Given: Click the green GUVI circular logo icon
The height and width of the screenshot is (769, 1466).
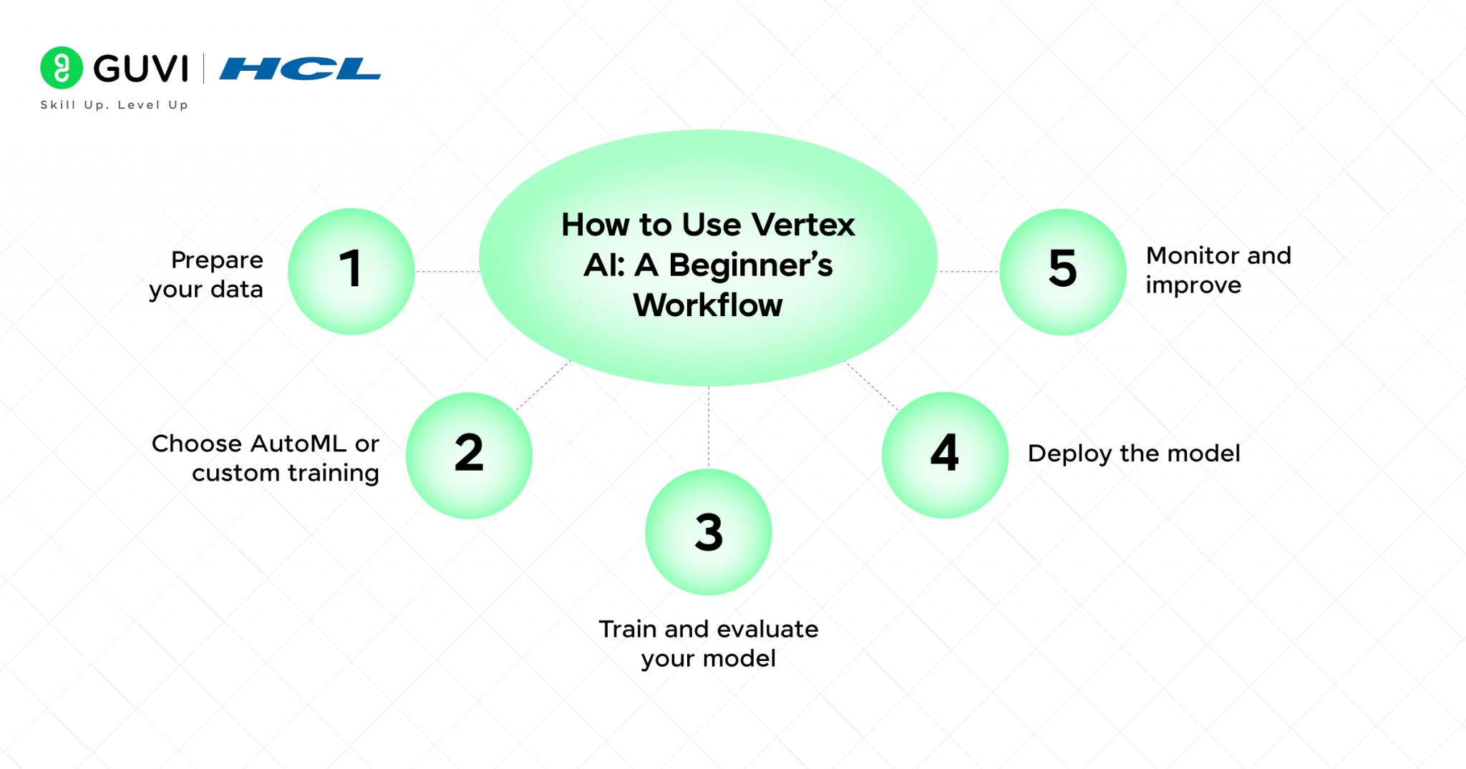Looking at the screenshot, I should [62, 68].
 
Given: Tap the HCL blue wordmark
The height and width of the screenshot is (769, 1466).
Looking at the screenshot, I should [300, 69].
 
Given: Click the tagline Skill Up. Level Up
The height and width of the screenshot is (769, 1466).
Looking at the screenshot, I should [115, 105].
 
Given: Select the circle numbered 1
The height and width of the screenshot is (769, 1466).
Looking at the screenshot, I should [351, 271].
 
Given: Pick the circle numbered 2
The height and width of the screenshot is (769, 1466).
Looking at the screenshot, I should [469, 455].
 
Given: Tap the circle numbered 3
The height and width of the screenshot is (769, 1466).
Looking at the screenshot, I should [708, 532].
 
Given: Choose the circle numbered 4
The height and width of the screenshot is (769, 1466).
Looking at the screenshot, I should [945, 454].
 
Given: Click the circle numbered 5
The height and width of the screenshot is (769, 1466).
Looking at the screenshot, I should [1063, 271].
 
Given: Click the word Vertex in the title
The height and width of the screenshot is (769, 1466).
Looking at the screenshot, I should [804, 225].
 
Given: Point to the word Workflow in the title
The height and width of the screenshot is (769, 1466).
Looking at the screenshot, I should [708, 305].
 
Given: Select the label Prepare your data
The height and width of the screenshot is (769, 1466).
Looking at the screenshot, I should [207, 275].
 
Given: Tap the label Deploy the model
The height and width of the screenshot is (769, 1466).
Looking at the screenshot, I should [1134, 454].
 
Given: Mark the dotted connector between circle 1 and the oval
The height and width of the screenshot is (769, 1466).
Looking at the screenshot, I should [447, 271].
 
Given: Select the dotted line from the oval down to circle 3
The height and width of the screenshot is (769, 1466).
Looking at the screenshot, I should [709, 427].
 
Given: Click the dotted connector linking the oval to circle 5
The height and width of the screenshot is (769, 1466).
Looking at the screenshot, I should [968, 271].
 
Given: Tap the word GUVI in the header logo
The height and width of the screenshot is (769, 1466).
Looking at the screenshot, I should [141, 69].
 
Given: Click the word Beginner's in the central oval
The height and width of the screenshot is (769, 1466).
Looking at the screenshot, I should [750, 265].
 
